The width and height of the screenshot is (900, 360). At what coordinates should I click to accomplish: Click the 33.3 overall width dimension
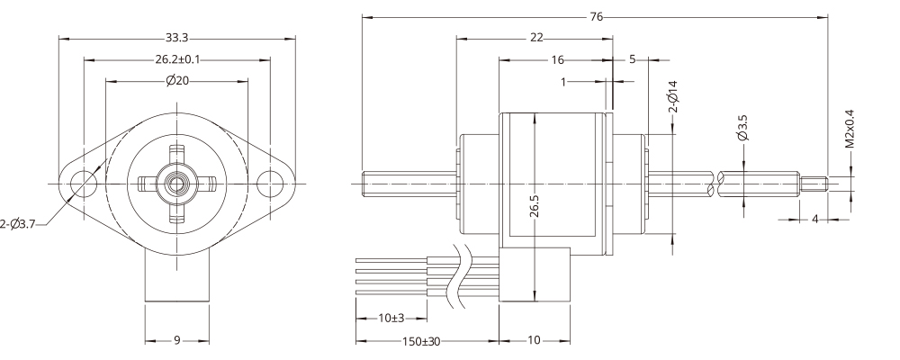177,38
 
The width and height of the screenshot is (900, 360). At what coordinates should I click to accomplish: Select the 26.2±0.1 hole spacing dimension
176,59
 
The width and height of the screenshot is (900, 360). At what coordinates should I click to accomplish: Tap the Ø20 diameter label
177,81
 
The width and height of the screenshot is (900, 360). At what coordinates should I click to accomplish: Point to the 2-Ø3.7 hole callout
20,221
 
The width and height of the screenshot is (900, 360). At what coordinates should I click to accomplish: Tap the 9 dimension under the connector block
177,341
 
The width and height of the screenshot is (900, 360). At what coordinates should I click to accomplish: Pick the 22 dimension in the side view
536,38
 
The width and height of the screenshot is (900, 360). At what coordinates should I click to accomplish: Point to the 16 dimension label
557,59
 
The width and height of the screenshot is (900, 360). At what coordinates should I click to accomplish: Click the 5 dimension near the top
632,59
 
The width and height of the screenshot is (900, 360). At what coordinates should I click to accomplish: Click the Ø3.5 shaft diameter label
742,128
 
